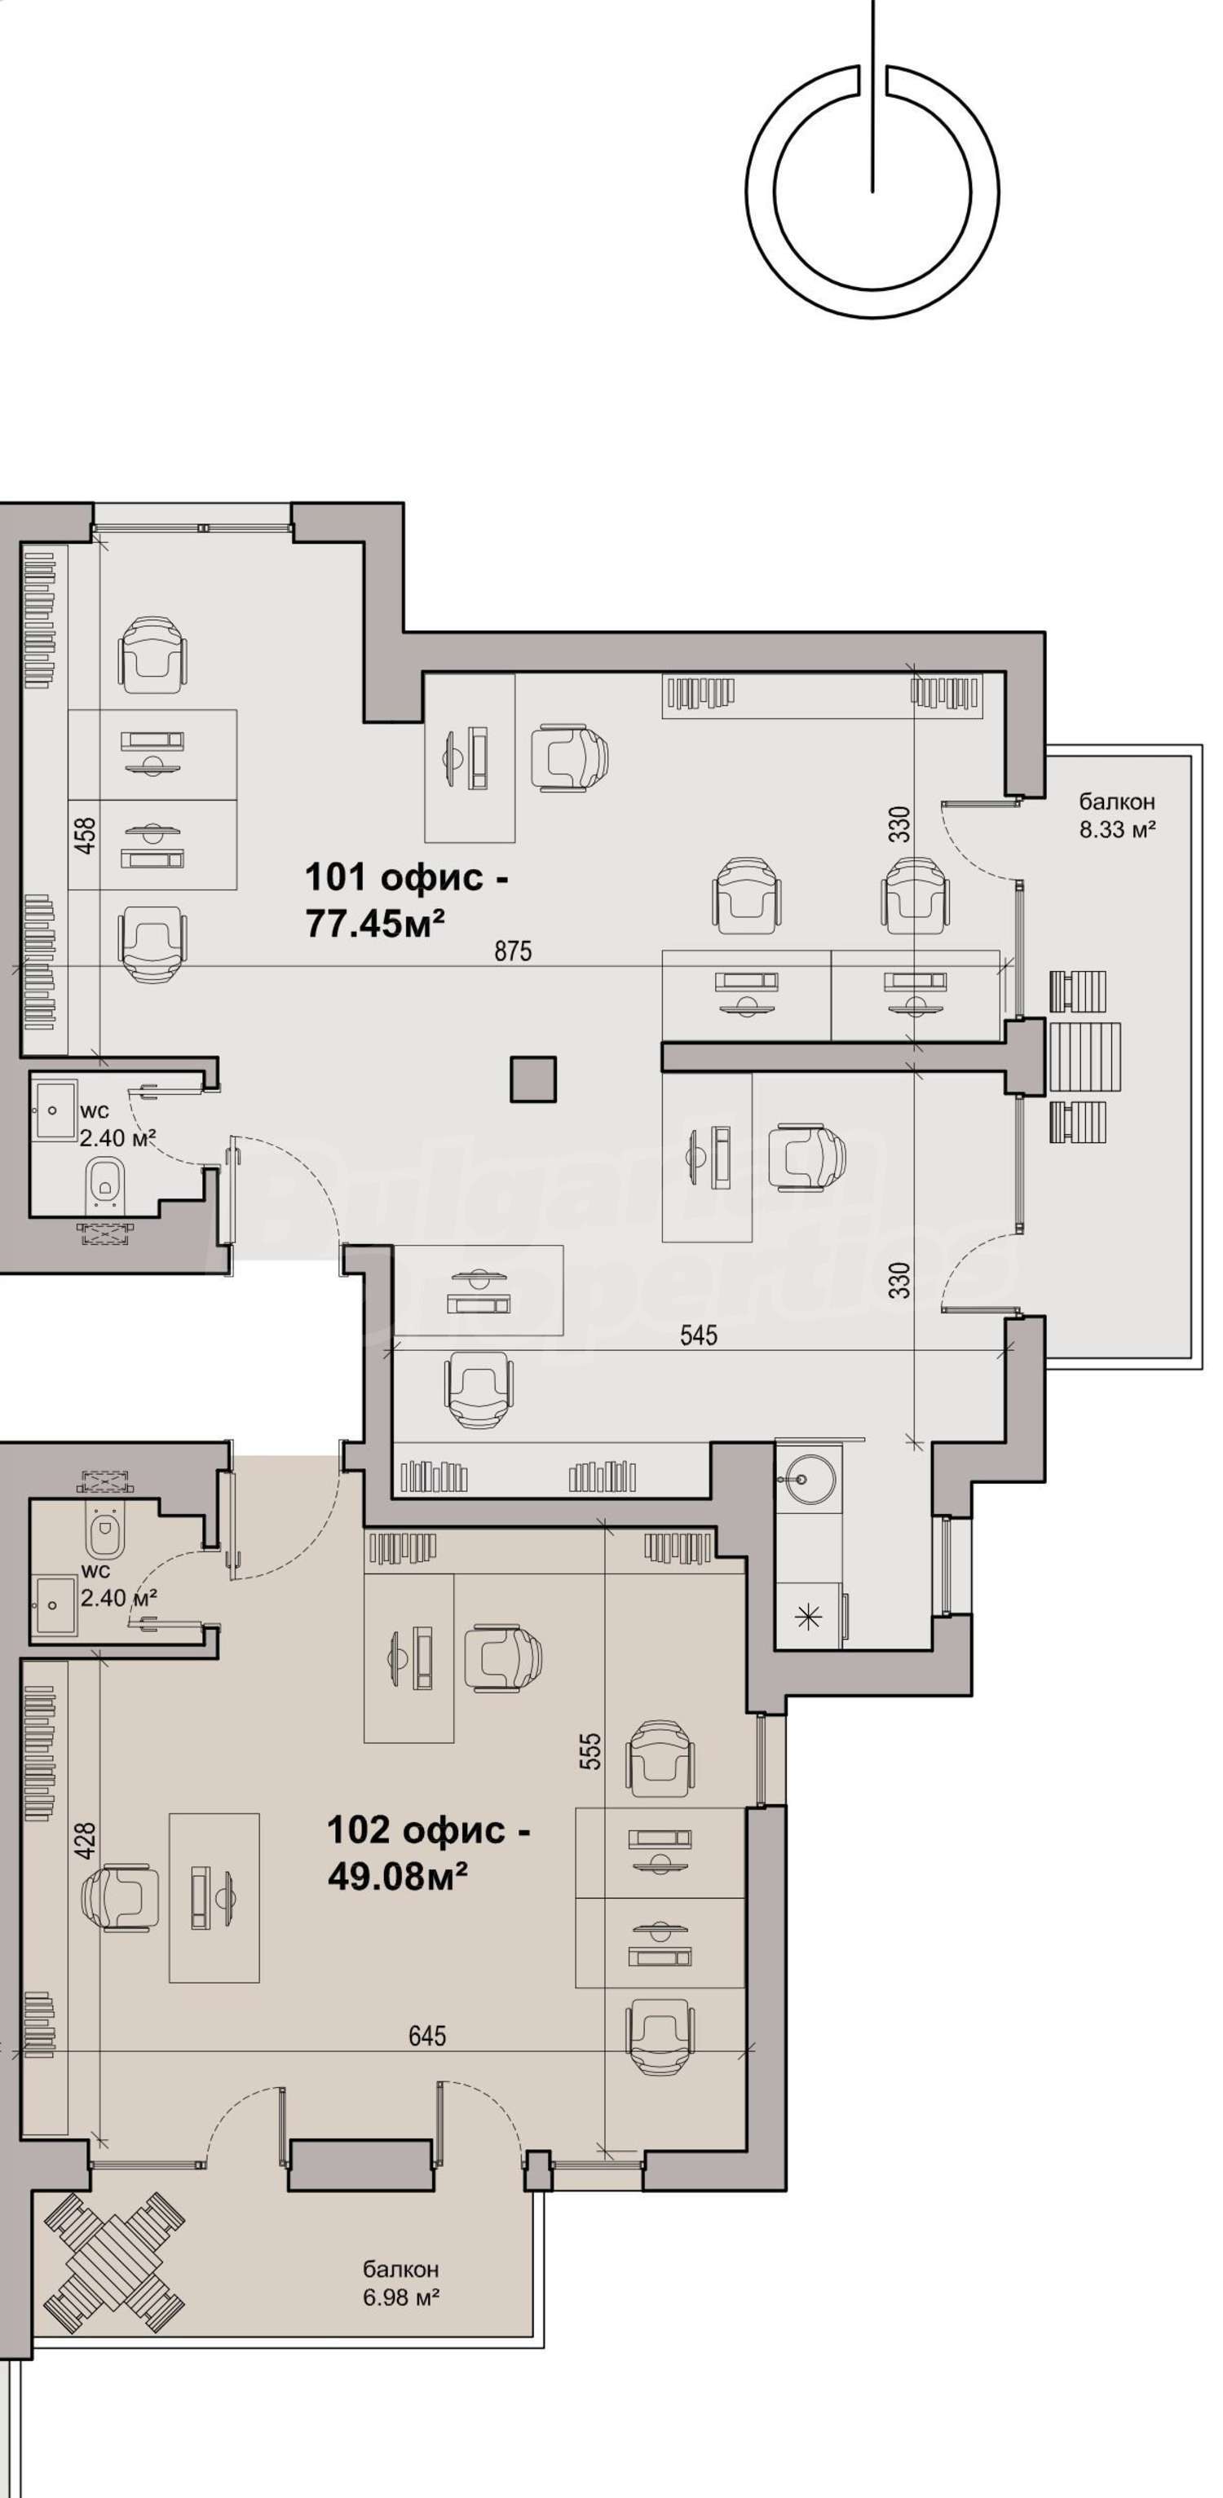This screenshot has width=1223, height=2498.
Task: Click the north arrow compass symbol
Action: point(872,190)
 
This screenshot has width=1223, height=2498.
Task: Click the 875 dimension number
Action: point(513,951)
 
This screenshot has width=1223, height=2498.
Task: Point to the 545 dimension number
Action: point(698,1335)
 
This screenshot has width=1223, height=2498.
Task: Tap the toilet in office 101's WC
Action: point(103,1183)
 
